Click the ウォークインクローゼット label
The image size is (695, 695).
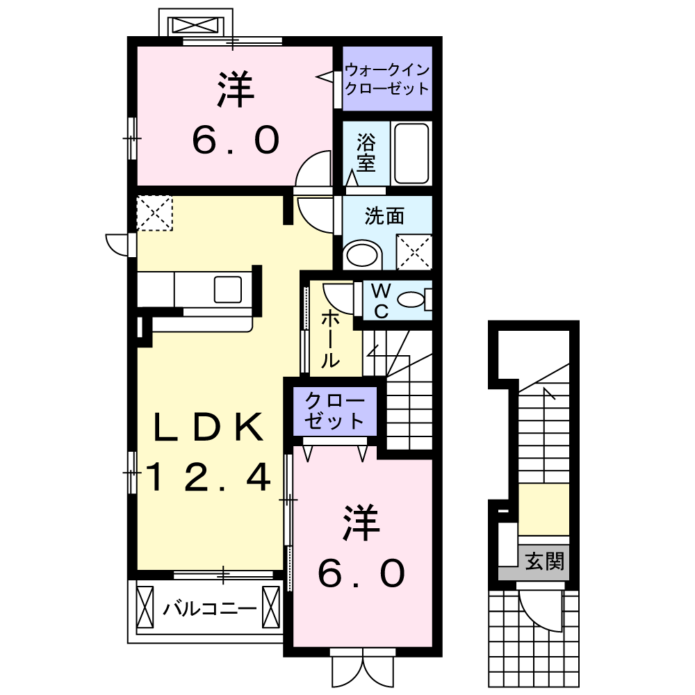click(387, 79)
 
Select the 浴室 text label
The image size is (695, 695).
click(366, 153)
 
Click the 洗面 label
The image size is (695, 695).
click(385, 217)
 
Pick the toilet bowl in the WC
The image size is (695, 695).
click(413, 300)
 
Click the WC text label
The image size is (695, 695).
click(382, 300)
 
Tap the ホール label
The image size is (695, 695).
click(330, 340)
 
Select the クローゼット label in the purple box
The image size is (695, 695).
click(335, 411)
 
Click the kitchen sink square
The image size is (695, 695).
click(228, 288)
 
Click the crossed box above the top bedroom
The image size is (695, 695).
click(195, 26)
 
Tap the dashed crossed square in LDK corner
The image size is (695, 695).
click(154, 213)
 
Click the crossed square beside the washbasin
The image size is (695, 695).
click(414, 252)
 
